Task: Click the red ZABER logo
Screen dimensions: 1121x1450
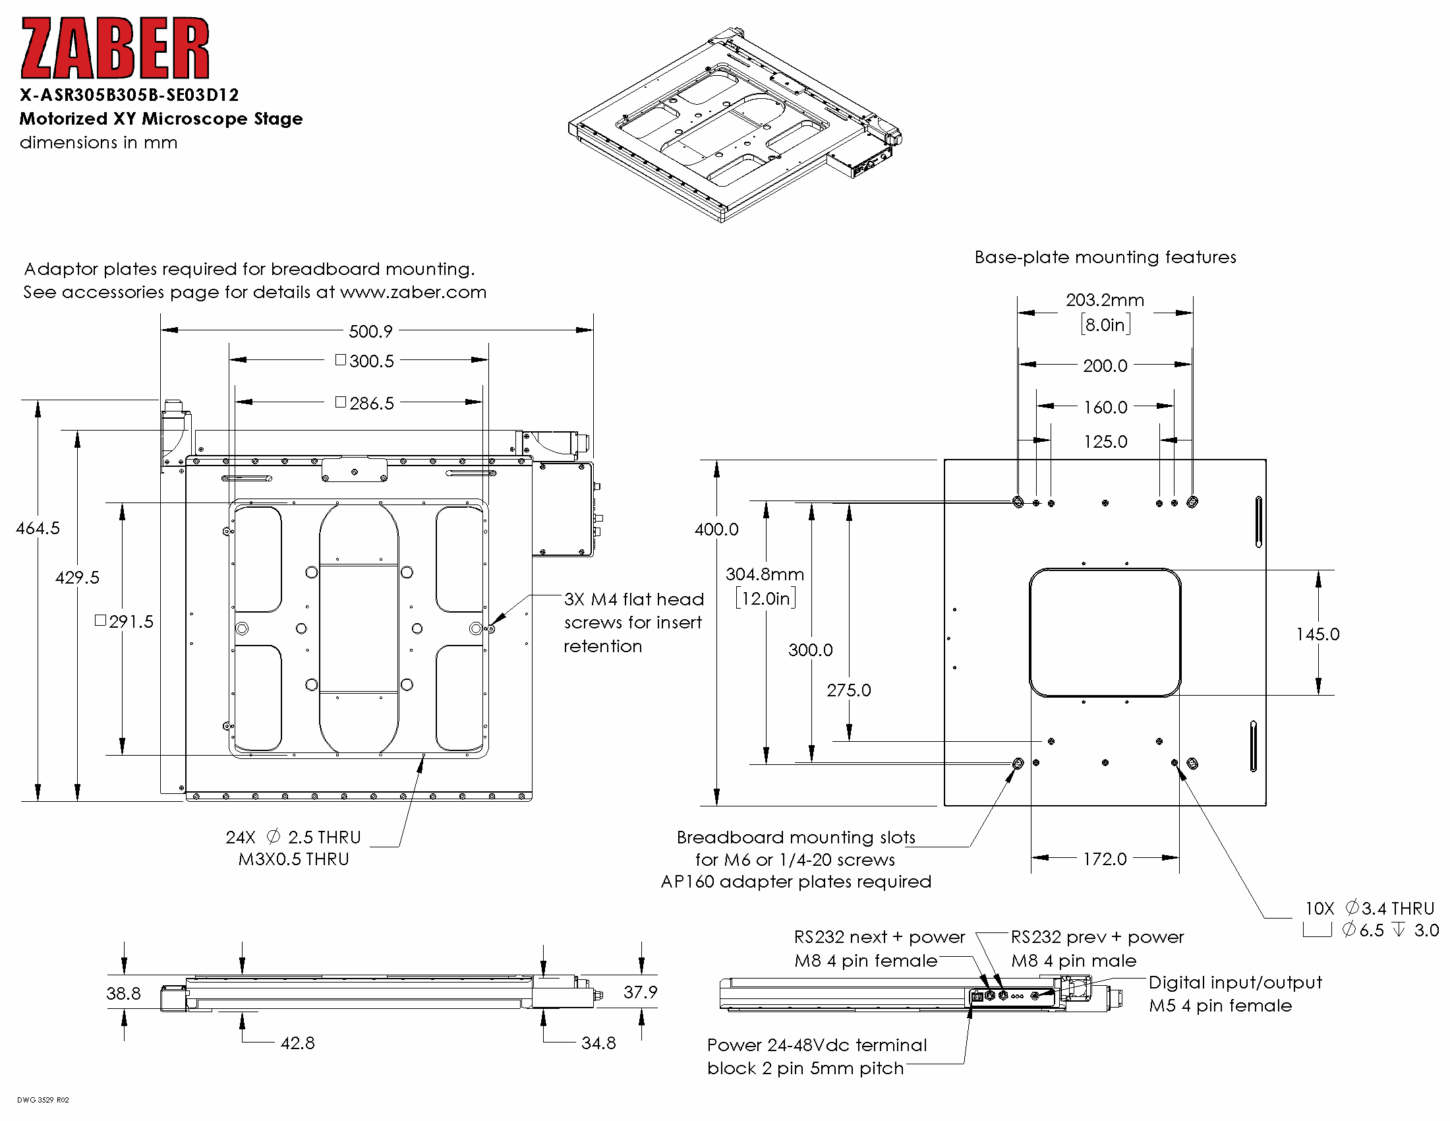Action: [115, 49]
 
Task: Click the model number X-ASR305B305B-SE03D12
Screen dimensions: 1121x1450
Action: [129, 95]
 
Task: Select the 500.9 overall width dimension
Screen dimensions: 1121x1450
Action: [370, 331]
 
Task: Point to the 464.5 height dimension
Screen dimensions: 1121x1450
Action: [38, 528]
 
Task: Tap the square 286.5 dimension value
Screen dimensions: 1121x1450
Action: [365, 403]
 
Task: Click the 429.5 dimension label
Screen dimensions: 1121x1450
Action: [77, 577]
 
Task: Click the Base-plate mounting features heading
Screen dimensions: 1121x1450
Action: [1105, 257]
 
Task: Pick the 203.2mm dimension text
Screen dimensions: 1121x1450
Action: [1105, 300]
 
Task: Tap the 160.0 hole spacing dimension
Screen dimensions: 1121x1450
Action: [1105, 407]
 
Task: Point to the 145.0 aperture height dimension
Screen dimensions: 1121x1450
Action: [1318, 634]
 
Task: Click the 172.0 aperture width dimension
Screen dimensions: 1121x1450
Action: [1105, 859]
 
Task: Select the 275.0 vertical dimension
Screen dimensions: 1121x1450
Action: [848, 690]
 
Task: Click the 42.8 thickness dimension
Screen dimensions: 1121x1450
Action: [297, 1043]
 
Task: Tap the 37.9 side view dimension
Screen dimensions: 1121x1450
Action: [640, 992]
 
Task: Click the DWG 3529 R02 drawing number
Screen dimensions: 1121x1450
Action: [43, 1100]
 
